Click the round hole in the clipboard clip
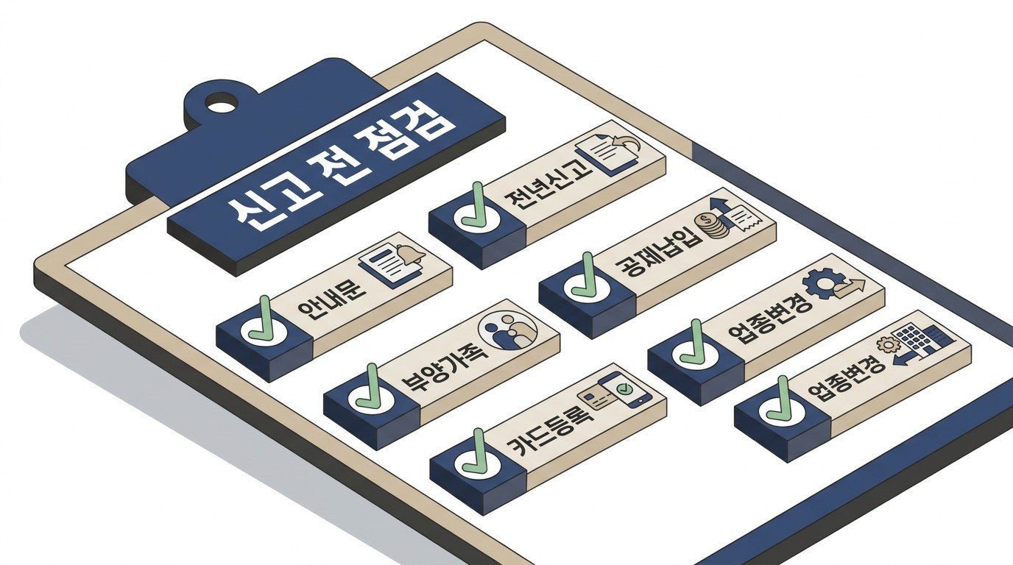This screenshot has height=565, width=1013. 221,104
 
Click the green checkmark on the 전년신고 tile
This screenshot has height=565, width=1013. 476,206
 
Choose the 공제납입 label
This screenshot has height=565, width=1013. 659,252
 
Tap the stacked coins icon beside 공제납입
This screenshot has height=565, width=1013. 713,225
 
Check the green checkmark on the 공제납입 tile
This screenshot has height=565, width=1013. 586,276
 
